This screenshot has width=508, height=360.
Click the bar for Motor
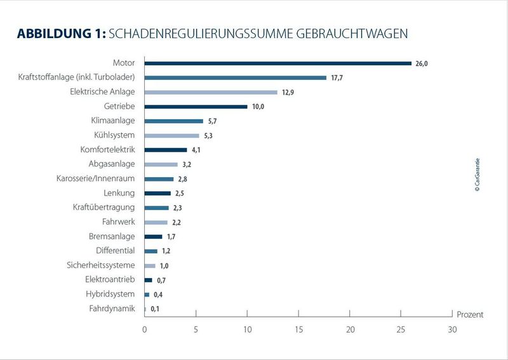(x=278, y=63)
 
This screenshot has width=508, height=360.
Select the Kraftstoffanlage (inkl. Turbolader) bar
(x=236, y=77)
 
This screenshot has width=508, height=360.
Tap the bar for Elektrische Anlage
(x=211, y=92)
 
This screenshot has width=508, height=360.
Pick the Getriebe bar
(x=196, y=107)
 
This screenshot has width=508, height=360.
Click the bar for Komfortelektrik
(x=166, y=150)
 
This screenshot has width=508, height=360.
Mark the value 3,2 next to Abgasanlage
(x=187, y=165)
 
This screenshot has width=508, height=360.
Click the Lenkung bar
(x=157, y=193)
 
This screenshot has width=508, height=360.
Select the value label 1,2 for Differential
(x=166, y=251)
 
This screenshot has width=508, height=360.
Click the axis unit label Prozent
(x=471, y=314)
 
